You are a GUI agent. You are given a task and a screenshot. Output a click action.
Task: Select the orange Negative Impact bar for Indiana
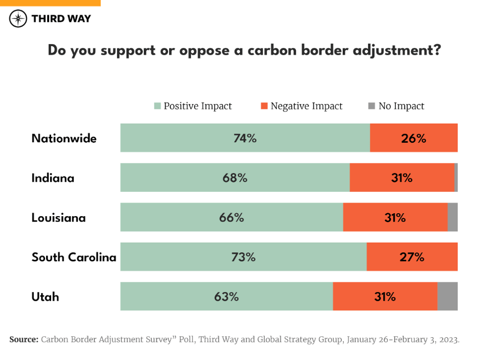[380, 178]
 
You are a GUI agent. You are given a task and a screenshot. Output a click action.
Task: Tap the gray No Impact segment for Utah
[447, 296]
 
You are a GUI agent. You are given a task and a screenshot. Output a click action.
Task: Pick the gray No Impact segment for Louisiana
[452, 217]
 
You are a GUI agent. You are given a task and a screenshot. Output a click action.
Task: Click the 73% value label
[243, 257]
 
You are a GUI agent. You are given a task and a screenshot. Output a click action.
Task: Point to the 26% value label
[414, 138]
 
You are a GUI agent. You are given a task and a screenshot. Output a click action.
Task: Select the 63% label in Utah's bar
[226, 297]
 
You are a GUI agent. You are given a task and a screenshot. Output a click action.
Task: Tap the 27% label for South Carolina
[412, 257]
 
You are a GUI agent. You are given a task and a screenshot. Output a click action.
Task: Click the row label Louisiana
[59, 218]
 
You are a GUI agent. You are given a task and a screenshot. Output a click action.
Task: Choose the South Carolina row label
[74, 257]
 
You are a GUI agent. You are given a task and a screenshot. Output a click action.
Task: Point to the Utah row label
[45, 297]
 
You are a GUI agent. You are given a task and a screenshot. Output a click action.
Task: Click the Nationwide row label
[64, 138]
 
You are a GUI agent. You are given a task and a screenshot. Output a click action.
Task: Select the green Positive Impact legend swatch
[157, 106]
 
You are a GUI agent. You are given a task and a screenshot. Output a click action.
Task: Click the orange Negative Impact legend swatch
[264, 106]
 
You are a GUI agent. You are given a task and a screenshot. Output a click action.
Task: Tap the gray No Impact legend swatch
[372, 106]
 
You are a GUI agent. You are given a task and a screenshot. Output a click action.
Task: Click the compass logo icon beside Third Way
[18, 19]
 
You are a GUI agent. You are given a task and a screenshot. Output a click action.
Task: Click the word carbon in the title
[273, 51]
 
